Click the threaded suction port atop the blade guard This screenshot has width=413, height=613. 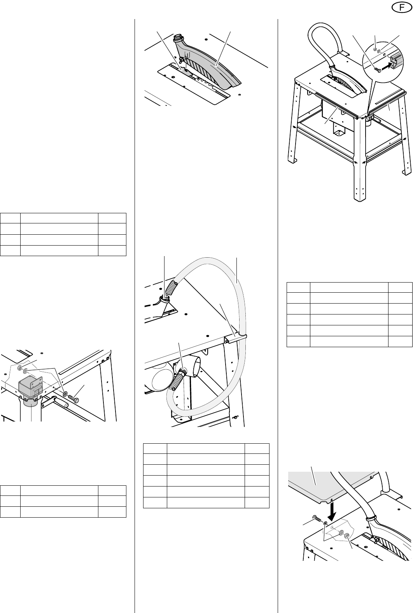tap(178, 39)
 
